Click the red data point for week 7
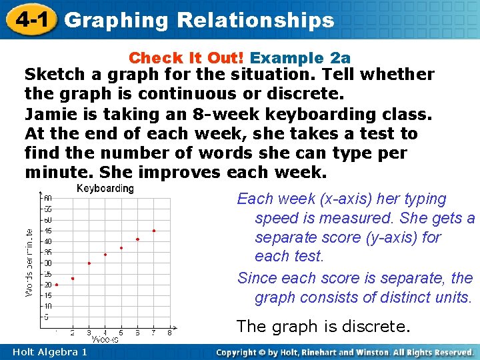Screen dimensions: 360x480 154,231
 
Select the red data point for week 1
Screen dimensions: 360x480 57,285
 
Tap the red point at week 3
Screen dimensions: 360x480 89,263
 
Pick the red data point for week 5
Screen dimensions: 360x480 121,248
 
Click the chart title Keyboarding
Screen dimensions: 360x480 105,189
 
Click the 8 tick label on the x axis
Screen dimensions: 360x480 170,332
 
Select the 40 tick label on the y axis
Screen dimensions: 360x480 47,241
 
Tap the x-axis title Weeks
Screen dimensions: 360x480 105,340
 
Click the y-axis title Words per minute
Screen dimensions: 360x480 29,263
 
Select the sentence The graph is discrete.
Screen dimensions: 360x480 323,326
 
